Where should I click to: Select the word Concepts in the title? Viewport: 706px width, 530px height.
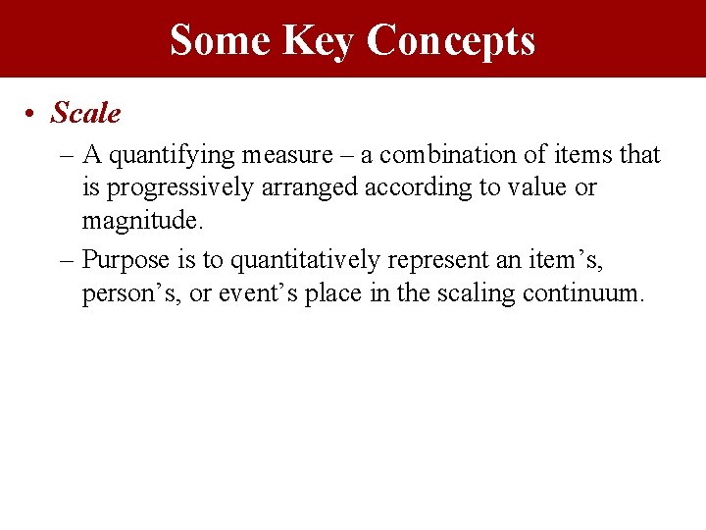[x=451, y=40]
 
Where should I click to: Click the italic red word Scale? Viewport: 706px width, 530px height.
[x=85, y=114]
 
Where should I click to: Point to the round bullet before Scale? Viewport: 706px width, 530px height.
[x=32, y=115]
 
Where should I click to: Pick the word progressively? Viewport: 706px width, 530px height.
[x=181, y=187]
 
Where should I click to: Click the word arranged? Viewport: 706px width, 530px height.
[x=312, y=187]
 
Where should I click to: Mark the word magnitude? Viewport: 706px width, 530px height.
[x=142, y=220]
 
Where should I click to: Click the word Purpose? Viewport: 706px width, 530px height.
[x=126, y=260]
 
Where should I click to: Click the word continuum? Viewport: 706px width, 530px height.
[x=584, y=293]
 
